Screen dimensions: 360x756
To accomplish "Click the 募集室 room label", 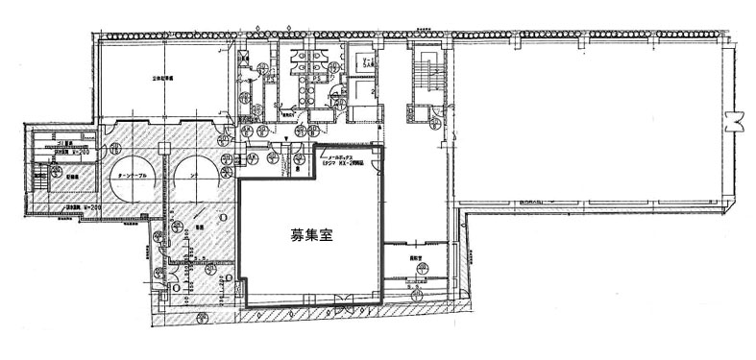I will click(310, 233).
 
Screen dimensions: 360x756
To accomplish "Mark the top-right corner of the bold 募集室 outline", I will click(382, 147).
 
